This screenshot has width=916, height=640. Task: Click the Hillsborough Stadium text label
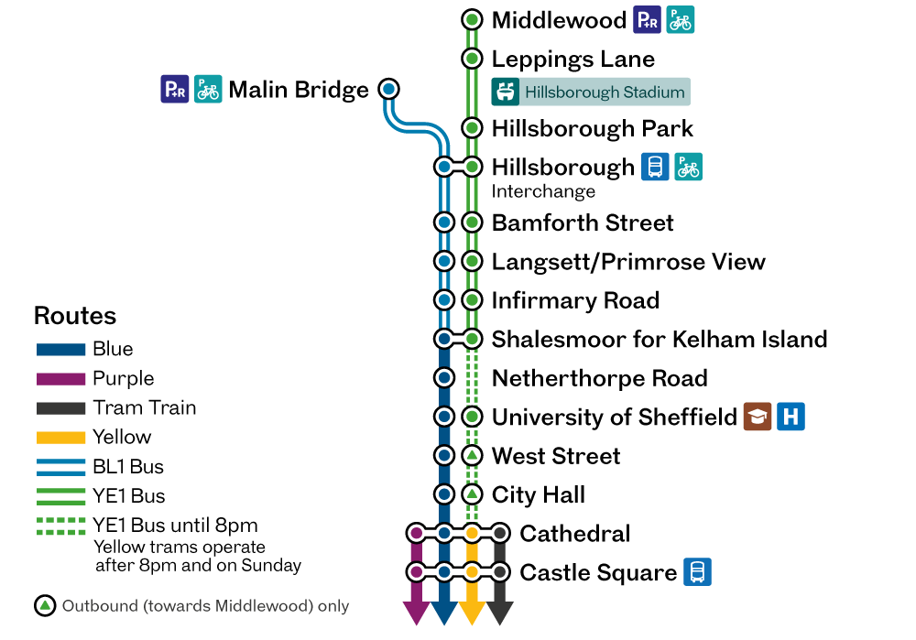pyautogui.click(x=605, y=92)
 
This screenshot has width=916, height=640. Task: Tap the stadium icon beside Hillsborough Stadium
pyautogui.click(x=505, y=92)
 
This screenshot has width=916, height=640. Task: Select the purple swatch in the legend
pyautogui.click(x=61, y=379)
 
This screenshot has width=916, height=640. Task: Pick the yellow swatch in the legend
pyautogui.click(x=61, y=438)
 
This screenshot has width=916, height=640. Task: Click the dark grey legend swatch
pyautogui.click(x=61, y=408)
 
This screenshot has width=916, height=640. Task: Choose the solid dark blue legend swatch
pyautogui.click(x=61, y=350)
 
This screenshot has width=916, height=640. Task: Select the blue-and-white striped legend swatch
pyautogui.click(x=61, y=467)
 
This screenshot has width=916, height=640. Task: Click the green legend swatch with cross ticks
pyautogui.click(x=61, y=526)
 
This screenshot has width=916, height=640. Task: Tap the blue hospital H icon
pyautogui.click(x=791, y=417)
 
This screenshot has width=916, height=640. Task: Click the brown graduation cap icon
pyautogui.click(x=757, y=417)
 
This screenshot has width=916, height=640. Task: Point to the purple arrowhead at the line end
pyautogui.click(x=417, y=613)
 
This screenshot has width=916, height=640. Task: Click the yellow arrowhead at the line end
pyautogui.click(x=472, y=613)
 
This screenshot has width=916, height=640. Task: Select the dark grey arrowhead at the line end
pyautogui.click(x=500, y=613)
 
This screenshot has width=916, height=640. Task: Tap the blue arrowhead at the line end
pyautogui.click(x=444, y=613)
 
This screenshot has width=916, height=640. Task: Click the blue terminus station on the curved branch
pyautogui.click(x=388, y=89)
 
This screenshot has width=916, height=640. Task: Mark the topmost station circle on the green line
pyautogui.click(x=472, y=19)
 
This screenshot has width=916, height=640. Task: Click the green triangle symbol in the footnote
pyautogui.click(x=45, y=606)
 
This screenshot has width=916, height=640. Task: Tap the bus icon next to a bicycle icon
pyautogui.click(x=655, y=167)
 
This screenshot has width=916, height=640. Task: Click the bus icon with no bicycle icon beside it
pyautogui.click(x=697, y=572)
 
